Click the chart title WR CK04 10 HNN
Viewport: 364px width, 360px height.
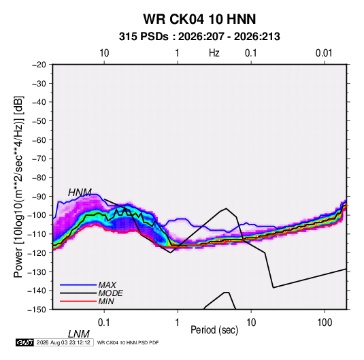(x=199, y=19)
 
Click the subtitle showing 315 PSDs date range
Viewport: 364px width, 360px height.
(x=199, y=37)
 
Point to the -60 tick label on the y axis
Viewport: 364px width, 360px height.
(x=39, y=140)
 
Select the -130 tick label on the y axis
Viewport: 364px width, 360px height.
(x=37, y=272)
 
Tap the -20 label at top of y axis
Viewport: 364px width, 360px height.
(x=39, y=65)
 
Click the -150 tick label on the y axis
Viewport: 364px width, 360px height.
(x=37, y=310)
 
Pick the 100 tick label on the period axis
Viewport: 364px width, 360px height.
(x=325, y=323)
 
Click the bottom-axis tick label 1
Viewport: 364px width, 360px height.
(x=178, y=323)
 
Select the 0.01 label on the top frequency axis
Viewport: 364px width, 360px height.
(x=324, y=53)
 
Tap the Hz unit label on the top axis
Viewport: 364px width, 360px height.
(x=214, y=53)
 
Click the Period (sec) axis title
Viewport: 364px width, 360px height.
(x=214, y=330)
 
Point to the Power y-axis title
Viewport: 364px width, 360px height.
(x=18, y=186)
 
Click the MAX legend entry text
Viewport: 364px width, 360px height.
(x=107, y=284)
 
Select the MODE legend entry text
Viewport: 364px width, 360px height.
(x=110, y=293)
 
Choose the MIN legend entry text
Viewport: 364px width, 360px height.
(x=106, y=301)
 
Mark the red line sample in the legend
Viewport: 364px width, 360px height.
(x=78, y=301)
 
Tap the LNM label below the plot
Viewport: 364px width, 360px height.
(x=78, y=334)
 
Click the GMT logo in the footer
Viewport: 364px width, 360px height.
(x=25, y=342)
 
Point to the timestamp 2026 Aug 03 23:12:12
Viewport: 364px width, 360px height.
(x=63, y=342)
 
